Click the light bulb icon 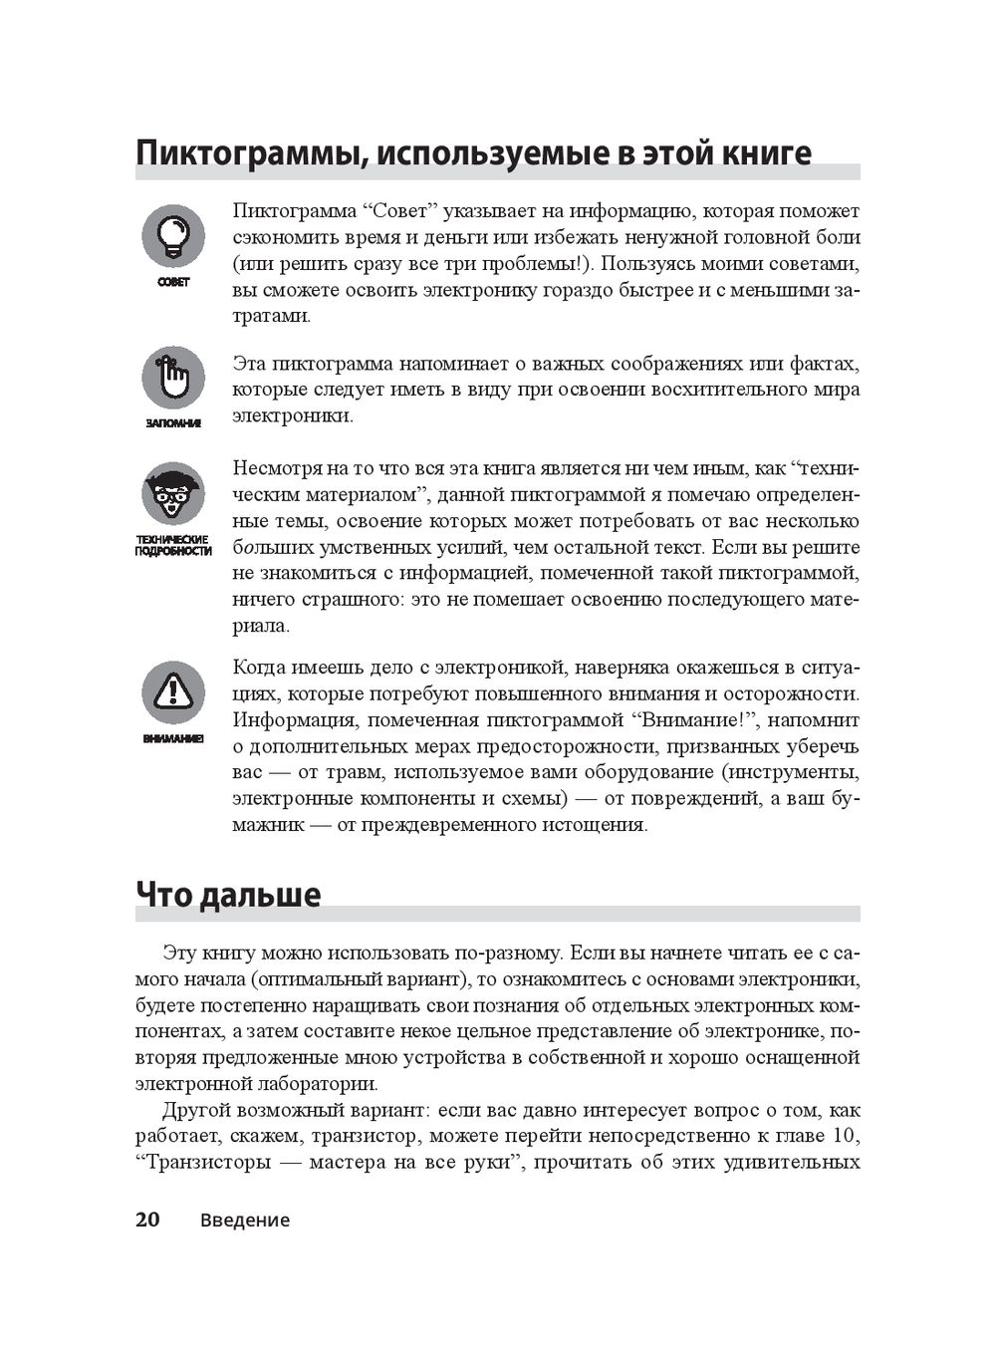tap(172, 235)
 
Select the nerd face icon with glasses tap(172, 493)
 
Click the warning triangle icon tap(172, 691)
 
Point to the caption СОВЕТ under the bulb tap(173, 282)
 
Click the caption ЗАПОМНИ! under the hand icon tap(173, 423)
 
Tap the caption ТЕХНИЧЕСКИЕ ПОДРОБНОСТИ tap(173, 545)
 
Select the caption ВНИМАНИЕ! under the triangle tap(173, 739)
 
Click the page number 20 tap(147, 1220)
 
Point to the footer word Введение tap(244, 1221)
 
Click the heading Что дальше tap(228, 895)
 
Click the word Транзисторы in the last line tap(208, 1163)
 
